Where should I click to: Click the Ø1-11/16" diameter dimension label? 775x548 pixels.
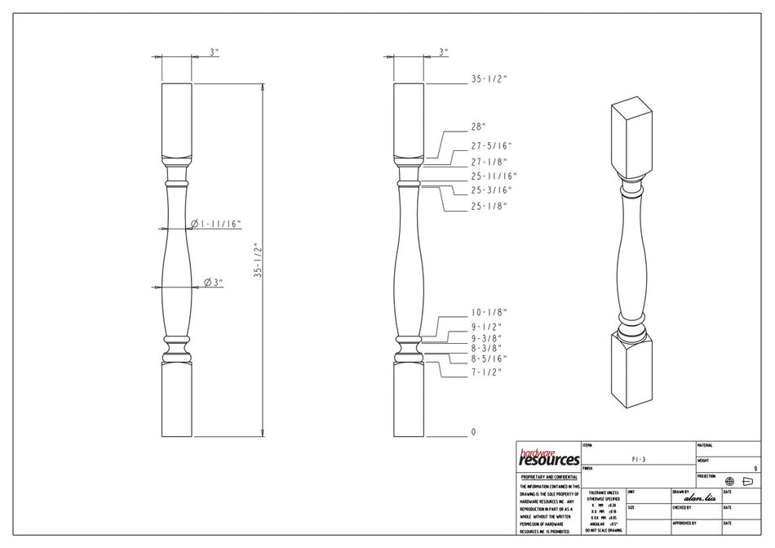tap(215, 224)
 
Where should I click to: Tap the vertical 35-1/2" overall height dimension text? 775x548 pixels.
tap(257, 261)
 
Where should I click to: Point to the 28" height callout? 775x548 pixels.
tap(478, 127)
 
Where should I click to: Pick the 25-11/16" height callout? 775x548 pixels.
tap(494, 176)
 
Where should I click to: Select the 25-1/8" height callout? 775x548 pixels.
tap(489, 206)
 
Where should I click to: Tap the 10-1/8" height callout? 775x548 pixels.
tap(489, 312)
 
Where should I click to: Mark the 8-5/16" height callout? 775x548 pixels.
tap(489, 359)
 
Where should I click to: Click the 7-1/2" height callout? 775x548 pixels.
tap(486, 372)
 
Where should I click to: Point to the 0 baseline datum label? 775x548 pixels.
tap(472, 432)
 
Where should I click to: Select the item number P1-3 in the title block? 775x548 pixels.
tap(638, 460)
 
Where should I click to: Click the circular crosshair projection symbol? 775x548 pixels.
tap(729, 482)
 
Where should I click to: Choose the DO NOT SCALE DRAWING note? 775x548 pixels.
tap(603, 530)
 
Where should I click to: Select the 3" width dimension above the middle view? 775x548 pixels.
tap(443, 52)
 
